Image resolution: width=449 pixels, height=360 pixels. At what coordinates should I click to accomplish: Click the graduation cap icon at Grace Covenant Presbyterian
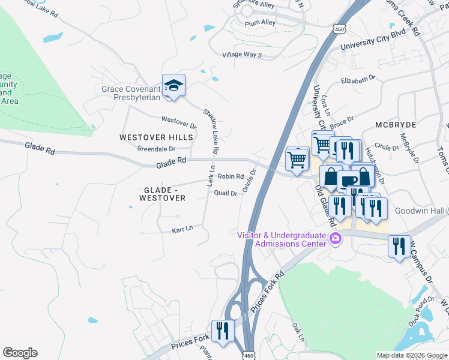tap(173, 86)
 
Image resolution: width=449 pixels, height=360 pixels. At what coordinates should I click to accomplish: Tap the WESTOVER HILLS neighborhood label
tap(156, 137)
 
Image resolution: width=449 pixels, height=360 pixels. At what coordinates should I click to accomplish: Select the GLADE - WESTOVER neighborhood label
tap(162, 194)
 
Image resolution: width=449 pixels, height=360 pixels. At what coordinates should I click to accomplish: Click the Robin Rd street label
tap(231, 176)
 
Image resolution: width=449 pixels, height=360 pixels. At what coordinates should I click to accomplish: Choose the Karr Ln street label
tap(182, 229)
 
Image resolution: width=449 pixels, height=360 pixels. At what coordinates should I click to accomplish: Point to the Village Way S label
tap(243, 55)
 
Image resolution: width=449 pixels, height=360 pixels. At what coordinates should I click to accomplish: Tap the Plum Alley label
tap(260, 23)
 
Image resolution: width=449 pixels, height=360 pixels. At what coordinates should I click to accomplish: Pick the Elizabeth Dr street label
tap(358, 78)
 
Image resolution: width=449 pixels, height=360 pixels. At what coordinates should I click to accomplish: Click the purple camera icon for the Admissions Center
tap(336, 239)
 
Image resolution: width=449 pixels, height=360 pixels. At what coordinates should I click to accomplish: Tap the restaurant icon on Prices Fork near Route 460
tap(223, 331)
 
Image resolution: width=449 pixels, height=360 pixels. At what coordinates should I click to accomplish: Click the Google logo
tap(20, 353)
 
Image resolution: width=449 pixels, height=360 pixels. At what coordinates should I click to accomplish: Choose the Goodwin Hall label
tap(421, 211)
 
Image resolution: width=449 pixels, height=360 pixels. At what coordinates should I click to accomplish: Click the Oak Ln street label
tap(297, 331)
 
